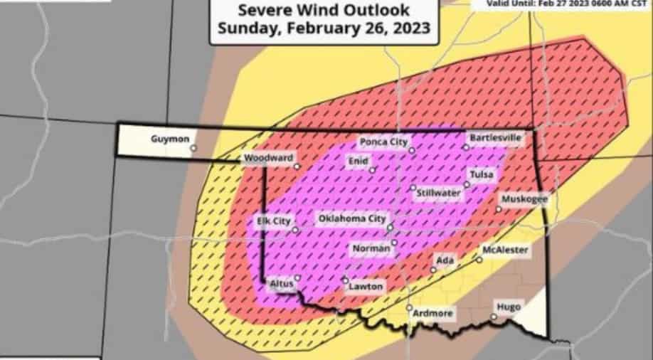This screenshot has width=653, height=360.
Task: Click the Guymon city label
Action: tap(170, 139)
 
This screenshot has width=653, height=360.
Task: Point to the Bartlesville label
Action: tap(496, 137)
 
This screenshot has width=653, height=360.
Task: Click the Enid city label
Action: tap(357, 162)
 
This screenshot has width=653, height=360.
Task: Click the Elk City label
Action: tap(273, 221)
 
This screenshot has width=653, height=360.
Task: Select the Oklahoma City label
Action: tap(352, 218)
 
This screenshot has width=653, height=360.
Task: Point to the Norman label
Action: tap(371, 248)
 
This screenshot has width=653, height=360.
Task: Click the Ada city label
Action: tap(445, 260)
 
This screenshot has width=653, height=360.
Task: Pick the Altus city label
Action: tap(282, 283)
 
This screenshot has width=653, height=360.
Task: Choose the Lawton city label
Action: tap(366, 287)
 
